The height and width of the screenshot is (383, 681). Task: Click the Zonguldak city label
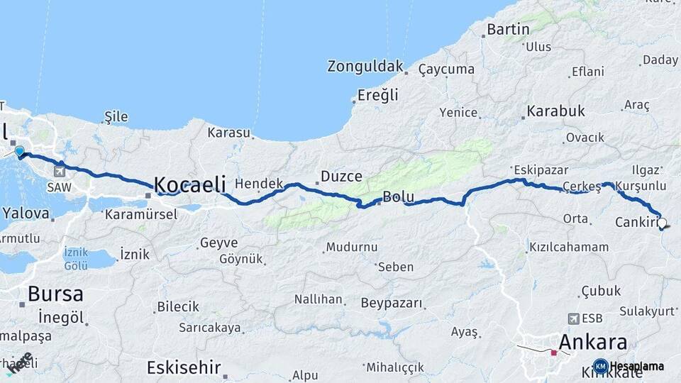coord(365,67)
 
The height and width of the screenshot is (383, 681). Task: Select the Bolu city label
coord(398,196)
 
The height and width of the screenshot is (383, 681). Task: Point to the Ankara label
coord(592,343)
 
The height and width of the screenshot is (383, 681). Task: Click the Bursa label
coord(55,294)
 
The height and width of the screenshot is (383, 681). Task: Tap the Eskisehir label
coord(183,367)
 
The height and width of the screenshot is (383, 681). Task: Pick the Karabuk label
coord(555,111)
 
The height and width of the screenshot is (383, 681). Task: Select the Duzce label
coord(341,176)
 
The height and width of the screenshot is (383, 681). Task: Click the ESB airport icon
coord(572,318)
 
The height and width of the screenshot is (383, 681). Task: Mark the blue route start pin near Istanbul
coord(19,151)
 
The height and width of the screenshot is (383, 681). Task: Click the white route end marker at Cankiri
coord(662,223)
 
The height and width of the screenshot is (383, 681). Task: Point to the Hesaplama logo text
coord(636,367)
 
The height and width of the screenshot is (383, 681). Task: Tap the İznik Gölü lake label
coord(76,258)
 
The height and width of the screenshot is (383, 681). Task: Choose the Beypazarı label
coord(392,304)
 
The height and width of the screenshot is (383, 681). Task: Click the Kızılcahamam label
coord(569,247)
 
